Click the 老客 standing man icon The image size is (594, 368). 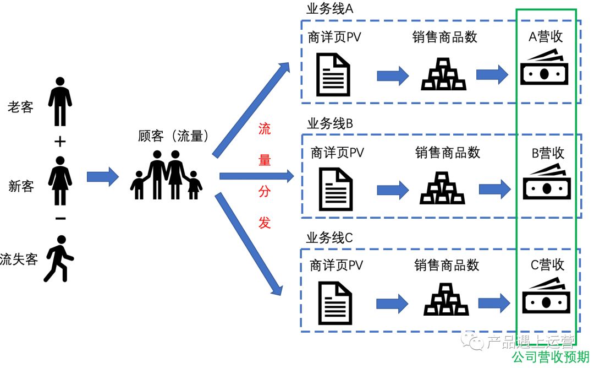click(60, 101)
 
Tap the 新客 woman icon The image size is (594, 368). click(60, 180)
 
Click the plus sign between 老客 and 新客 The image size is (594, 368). click(60, 142)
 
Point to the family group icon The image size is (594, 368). click(166, 175)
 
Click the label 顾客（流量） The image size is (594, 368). click(173, 136)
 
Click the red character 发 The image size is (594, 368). click(265, 223)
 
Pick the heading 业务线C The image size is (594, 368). click(329, 238)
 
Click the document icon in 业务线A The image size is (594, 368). click(333, 74)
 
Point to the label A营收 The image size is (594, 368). click(546, 37)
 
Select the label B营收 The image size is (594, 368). click(548, 153)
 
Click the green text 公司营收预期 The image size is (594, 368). click(551, 357)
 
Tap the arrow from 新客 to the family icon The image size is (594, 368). click(103, 176)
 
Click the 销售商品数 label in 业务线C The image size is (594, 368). click(447, 265)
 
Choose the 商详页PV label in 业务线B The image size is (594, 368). click(337, 153)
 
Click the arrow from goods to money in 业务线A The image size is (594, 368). click(492, 74)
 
